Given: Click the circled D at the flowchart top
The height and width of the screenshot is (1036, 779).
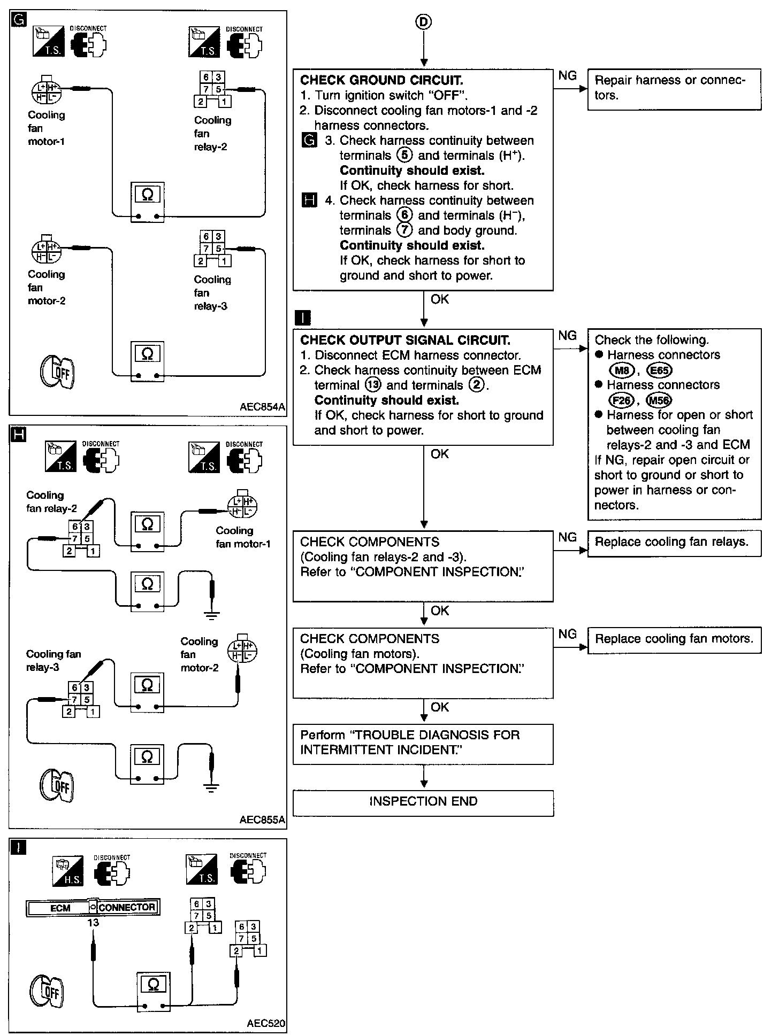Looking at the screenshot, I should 423,22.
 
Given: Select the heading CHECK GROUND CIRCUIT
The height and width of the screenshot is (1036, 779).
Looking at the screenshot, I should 381,81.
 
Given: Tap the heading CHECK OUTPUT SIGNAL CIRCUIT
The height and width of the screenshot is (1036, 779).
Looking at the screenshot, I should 405,341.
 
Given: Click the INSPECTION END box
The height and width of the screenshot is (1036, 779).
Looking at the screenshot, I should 423,801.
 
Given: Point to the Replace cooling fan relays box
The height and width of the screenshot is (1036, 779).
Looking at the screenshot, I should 674,543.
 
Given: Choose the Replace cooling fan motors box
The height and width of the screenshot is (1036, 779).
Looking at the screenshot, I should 674,639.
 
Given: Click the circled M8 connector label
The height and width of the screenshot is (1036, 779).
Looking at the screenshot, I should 621,370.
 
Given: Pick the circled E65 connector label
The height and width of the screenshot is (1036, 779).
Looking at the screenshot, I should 659,370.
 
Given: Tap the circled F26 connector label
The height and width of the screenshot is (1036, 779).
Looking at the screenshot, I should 621,400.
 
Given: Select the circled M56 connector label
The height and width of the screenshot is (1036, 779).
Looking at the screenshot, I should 659,400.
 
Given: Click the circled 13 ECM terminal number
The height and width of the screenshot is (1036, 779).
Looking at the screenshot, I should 373,385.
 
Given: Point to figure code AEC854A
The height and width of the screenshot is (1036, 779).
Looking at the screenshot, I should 262,407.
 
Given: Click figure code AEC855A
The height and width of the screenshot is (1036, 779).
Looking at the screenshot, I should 262,820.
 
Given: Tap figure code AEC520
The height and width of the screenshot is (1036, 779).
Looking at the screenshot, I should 266,1024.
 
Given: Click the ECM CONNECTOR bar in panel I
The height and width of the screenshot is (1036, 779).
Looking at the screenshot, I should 93,908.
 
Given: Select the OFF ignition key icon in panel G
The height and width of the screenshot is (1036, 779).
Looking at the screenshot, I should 58,372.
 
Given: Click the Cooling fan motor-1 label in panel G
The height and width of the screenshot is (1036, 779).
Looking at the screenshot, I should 47,128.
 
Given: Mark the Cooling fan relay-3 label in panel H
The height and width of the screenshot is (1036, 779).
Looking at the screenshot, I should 53,661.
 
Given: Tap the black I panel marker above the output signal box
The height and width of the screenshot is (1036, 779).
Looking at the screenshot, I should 303,319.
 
